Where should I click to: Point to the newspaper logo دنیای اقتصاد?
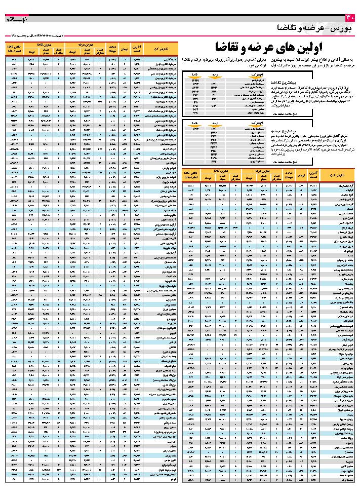click(15, 20)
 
